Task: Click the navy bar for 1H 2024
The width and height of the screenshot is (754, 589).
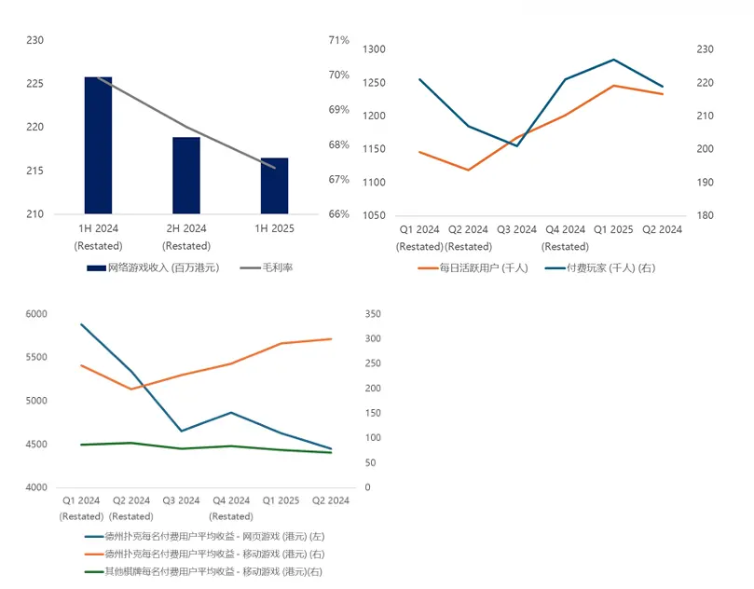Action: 98,145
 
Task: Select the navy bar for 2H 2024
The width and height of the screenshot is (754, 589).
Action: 186,175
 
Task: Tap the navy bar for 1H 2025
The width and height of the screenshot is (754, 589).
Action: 274,185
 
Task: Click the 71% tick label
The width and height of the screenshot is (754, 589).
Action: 338,40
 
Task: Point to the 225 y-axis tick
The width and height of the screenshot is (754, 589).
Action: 34,84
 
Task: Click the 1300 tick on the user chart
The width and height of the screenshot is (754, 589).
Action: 374,49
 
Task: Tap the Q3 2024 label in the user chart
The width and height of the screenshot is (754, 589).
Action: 515,229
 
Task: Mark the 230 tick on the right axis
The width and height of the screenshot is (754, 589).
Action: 706,49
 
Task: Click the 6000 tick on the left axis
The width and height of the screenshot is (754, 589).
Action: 36,314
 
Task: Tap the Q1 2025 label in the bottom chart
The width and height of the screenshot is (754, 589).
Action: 281,500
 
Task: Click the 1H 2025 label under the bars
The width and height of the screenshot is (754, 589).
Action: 274,229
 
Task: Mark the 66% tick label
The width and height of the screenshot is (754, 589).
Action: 338,214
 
